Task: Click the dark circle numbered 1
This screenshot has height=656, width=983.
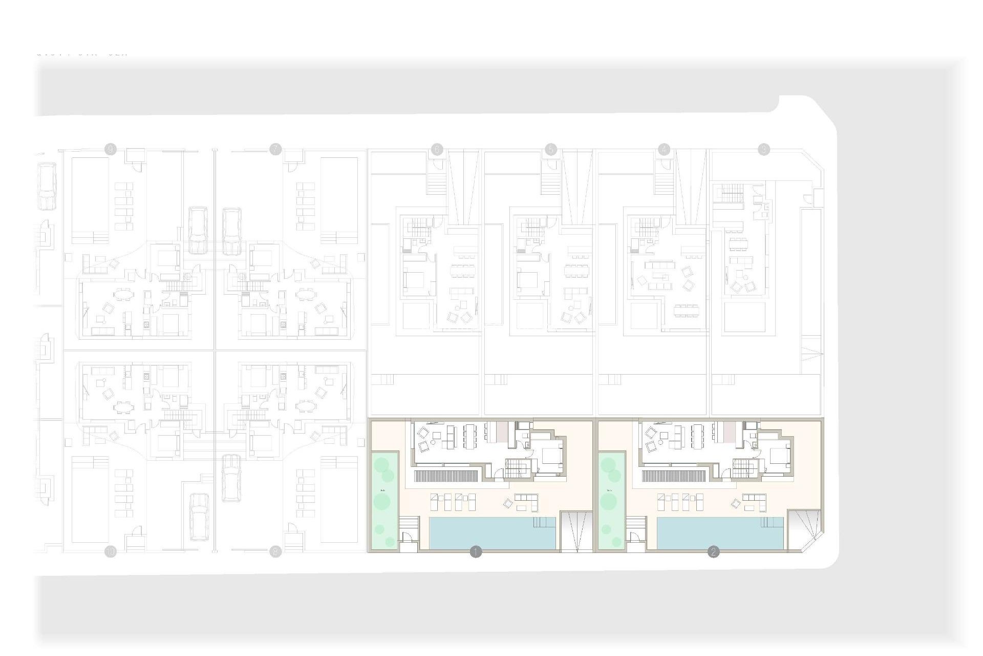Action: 476,552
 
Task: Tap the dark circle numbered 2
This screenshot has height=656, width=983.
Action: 713,552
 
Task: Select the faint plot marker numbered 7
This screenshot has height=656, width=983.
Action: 275,150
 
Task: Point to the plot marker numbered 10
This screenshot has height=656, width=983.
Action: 111,552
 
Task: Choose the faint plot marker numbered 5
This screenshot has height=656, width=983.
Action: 551,150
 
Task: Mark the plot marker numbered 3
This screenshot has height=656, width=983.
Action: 764,150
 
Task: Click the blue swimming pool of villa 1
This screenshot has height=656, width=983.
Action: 491,533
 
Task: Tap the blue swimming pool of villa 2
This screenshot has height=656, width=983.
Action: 719,533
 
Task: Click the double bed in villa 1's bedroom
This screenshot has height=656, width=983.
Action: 550,455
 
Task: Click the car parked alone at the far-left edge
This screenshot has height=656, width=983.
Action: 47,186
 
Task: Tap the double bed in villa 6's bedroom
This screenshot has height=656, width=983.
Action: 415,280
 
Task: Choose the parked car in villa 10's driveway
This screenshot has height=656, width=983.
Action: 199,517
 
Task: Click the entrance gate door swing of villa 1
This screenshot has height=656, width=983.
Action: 407,537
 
